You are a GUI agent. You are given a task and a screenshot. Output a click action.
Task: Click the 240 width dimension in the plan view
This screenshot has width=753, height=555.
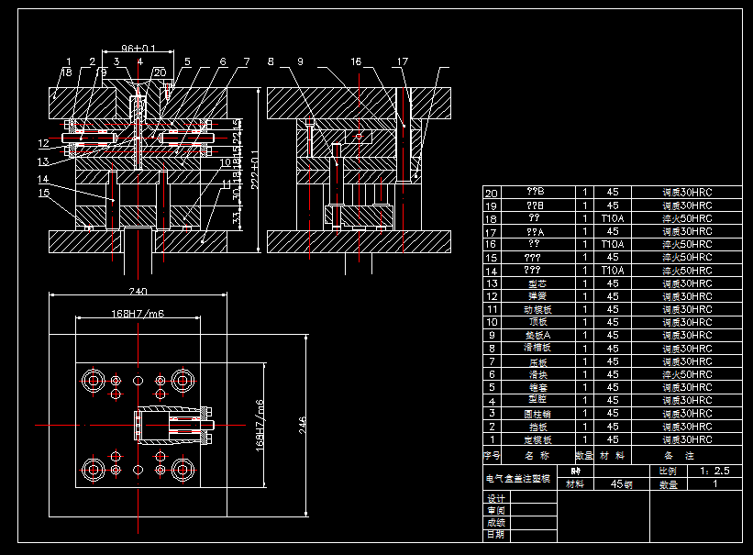click(x=138, y=292)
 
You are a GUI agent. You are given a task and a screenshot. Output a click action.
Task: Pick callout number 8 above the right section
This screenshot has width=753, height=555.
click(x=271, y=61)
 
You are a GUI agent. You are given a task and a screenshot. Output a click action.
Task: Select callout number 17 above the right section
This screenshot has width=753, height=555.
click(x=402, y=61)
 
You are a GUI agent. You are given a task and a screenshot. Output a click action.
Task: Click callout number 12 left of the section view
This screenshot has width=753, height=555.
click(x=43, y=143)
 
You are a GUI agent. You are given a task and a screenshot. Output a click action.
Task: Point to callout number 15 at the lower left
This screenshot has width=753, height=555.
click(x=43, y=193)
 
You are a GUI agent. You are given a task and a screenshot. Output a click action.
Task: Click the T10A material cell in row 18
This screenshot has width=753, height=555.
click(x=613, y=218)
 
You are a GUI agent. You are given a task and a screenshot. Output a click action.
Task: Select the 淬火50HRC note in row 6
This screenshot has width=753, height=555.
click(x=687, y=374)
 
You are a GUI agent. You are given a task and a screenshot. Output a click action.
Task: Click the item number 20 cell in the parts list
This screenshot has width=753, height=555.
click(x=492, y=193)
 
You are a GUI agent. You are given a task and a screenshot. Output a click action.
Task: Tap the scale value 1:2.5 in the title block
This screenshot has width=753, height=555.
click(x=714, y=470)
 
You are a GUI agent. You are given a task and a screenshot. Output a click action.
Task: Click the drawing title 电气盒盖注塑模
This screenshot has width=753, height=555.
click(x=518, y=478)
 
